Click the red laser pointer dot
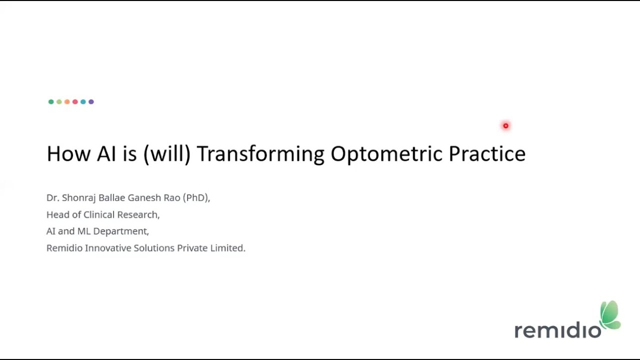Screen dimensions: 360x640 [505, 126]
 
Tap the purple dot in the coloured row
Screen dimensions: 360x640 [91, 102]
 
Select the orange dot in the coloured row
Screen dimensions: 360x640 [67, 102]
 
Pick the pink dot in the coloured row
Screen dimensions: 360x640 [75, 102]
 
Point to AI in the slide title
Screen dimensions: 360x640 [106, 153]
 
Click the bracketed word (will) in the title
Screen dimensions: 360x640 [167, 153]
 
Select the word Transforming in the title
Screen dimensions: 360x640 [260, 154]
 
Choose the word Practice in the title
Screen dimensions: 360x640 [486, 153]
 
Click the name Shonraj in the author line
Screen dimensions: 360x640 [79, 198]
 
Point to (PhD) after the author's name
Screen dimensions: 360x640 [196, 198]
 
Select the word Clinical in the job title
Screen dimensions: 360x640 [99, 214]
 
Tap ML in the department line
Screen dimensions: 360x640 [83, 231]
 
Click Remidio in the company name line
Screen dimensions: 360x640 [64, 248]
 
